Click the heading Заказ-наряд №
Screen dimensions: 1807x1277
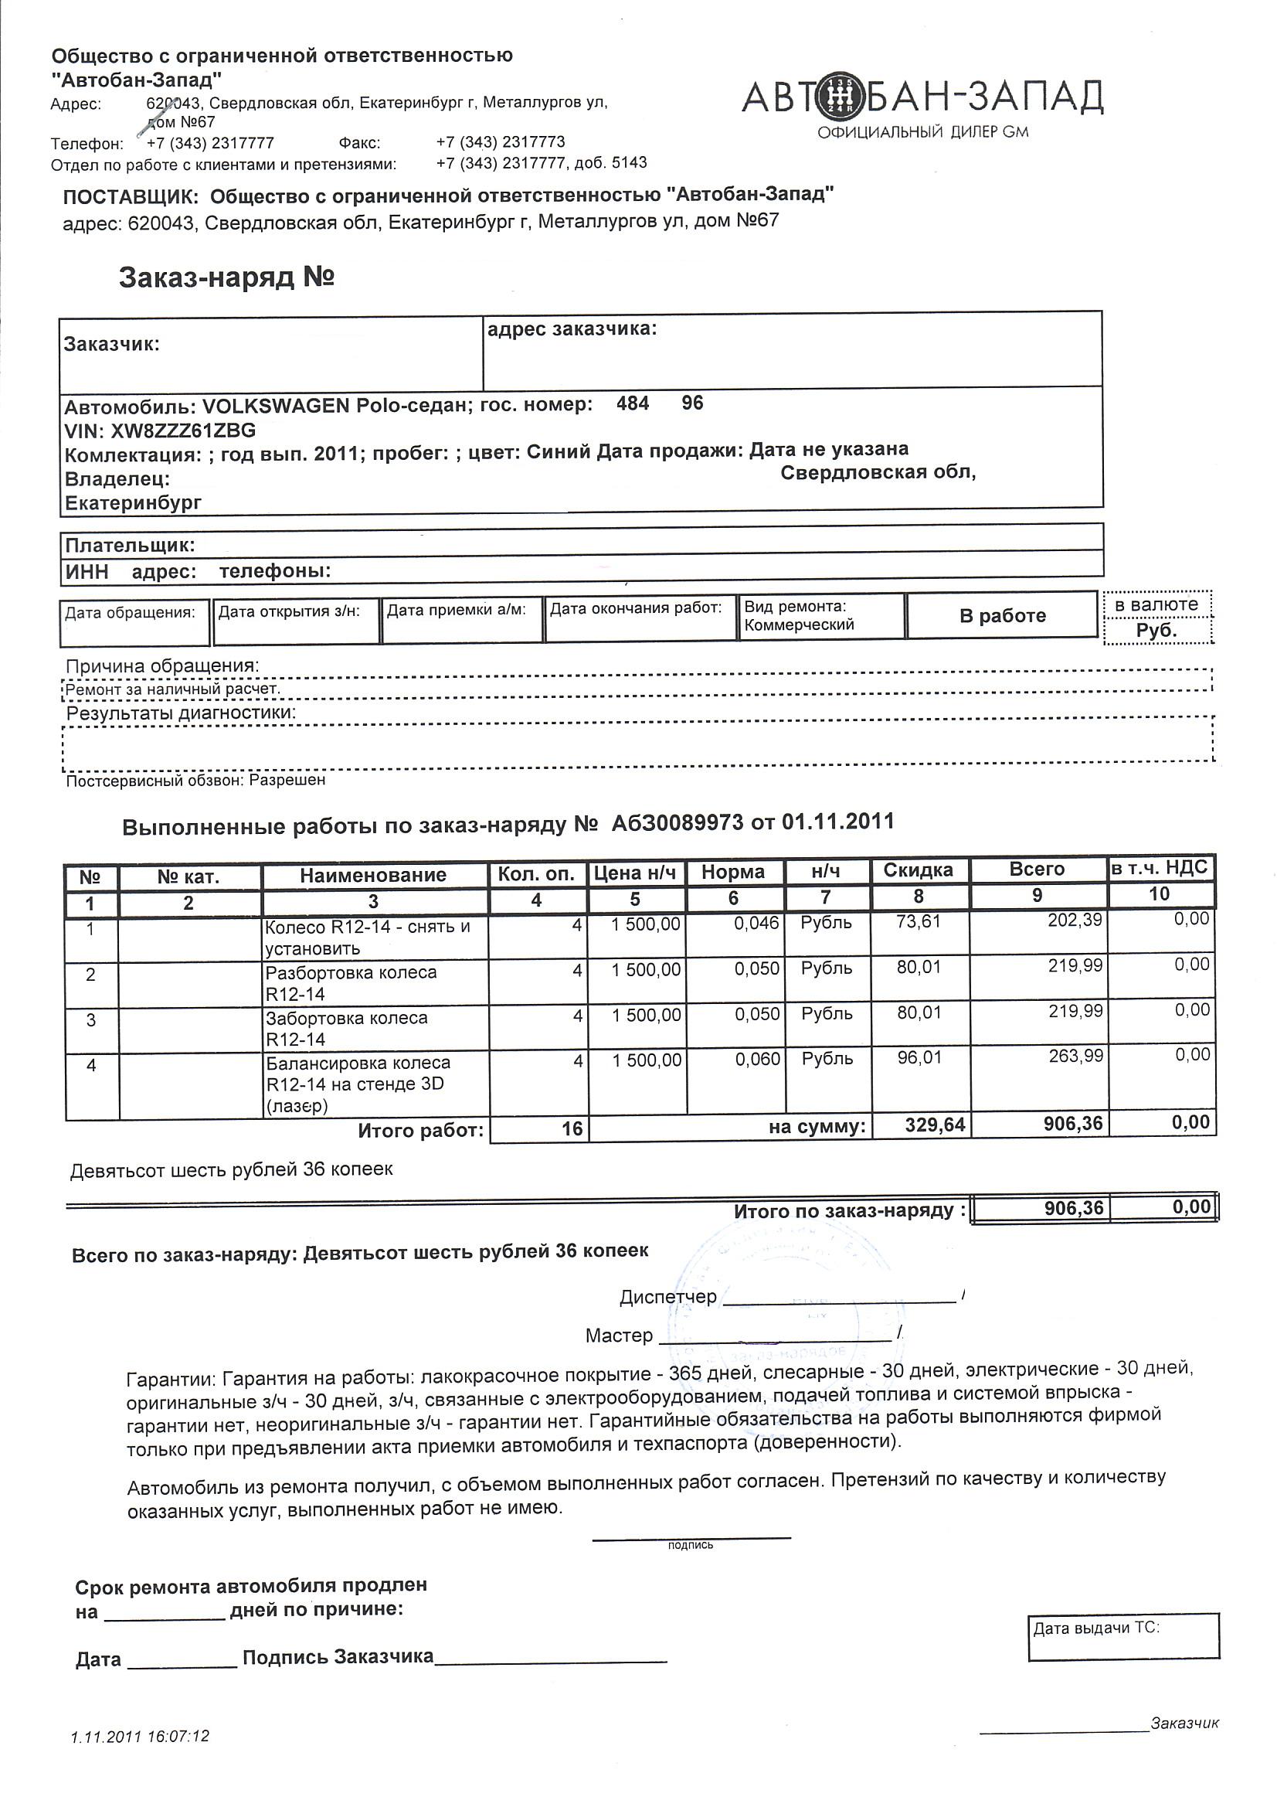click(226, 277)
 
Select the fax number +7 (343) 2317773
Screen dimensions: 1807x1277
click(501, 142)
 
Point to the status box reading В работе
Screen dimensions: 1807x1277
click(1002, 615)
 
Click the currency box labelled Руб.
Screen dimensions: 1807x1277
click(1156, 631)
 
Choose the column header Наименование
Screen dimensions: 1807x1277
click(373, 875)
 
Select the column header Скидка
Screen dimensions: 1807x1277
click(918, 869)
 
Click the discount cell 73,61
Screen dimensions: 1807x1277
click(919, 921)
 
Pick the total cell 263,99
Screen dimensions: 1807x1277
click(1075, 1057)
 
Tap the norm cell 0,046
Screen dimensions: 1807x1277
click(756, 923)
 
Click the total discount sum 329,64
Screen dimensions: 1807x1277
click(935, 1125)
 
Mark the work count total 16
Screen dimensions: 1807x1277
click(572, 1128)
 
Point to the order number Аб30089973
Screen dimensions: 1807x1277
click(678, 822)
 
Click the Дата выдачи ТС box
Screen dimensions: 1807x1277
click(1122, 1636)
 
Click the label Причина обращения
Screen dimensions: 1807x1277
click(162, 665)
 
